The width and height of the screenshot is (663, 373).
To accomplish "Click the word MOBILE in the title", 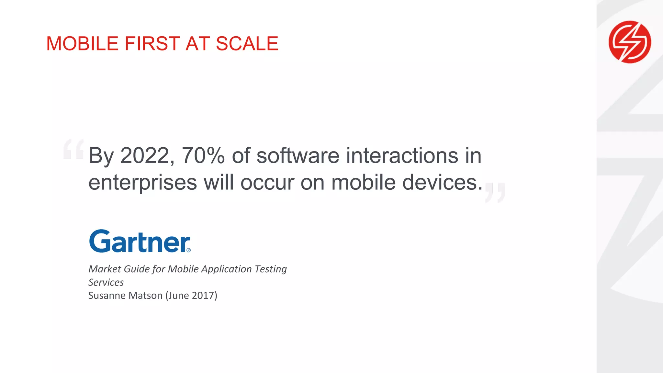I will [x=82, y=44].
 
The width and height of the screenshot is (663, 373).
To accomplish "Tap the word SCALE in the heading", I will [x=247, y=44].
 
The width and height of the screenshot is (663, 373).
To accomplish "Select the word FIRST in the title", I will [x=152, y=44].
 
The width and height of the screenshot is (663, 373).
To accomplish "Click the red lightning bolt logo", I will [x=630, y=42].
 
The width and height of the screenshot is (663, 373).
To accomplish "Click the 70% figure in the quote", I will [x=203, y=156].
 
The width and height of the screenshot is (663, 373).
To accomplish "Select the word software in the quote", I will [x=298, y=156].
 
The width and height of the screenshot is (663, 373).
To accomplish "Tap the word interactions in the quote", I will [x=402, y=156].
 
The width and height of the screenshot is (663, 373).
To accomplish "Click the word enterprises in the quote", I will [x=142, y=183].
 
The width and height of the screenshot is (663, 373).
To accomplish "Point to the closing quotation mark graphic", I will [x=495, y=193].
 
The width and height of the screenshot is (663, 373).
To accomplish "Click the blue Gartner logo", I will [x=140, y=241].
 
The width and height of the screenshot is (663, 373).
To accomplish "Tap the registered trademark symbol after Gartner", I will [x=189, y=250].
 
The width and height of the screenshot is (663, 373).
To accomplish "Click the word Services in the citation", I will [x=106, y=282].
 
